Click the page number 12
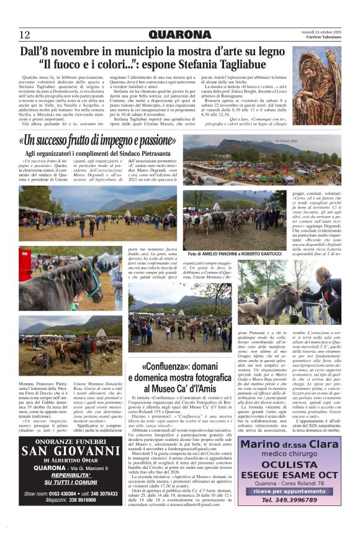click(25, 35)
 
